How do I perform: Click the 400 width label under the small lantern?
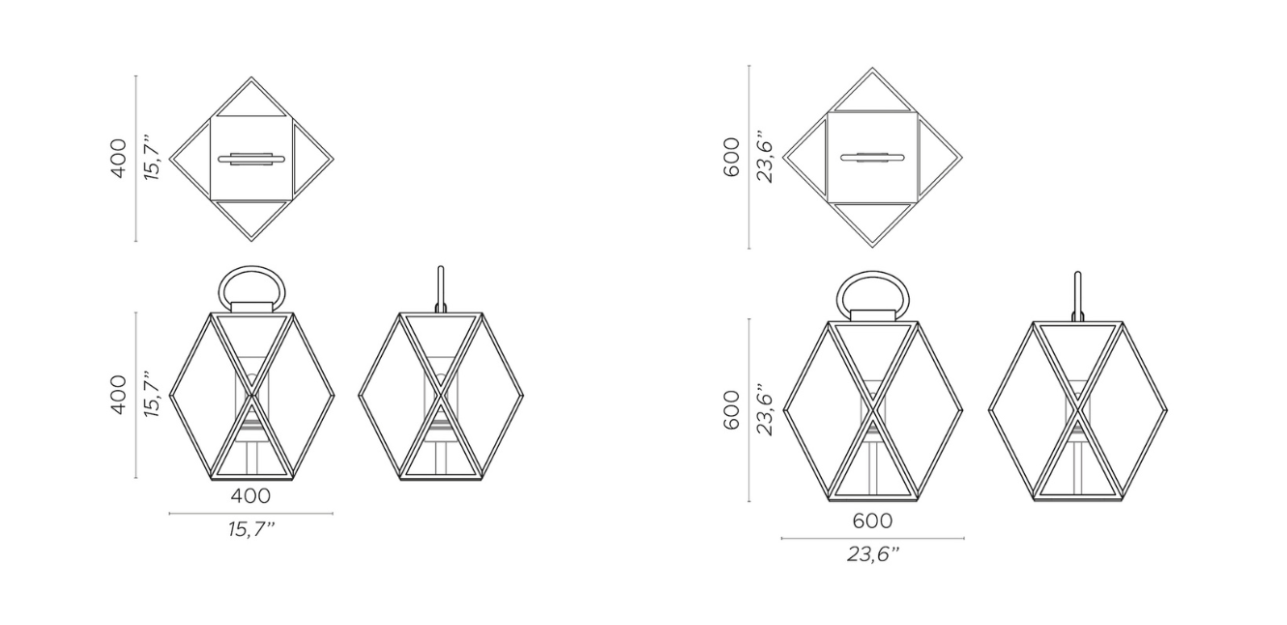[x=250, y=495]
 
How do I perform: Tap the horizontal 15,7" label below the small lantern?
[x=251, y=529]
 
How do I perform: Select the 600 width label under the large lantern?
[x=872, y=521]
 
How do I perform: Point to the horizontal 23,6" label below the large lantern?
[x=873, y=554]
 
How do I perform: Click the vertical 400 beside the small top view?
[x=118, y=159]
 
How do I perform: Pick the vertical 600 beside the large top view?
[x=731, y=157]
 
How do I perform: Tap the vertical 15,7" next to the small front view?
[x=152, y=395]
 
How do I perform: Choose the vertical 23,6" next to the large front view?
[x=766, y=409]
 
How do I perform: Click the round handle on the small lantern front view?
[x=251, y=267]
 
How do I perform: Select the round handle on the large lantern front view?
[x=872, y=273]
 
